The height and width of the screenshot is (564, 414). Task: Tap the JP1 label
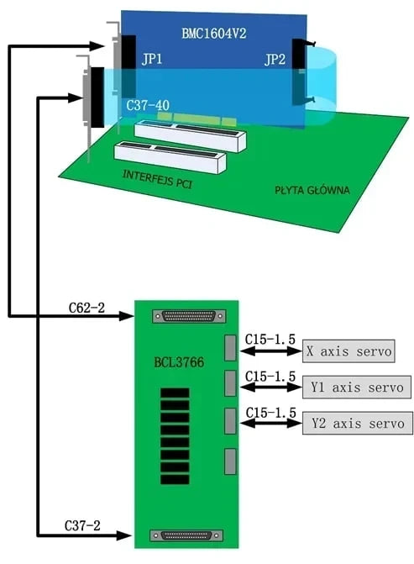[x=153, y=60]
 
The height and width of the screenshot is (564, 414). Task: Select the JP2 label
[x=275, y=60]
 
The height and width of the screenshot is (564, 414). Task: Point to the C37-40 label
[x=148, y=107]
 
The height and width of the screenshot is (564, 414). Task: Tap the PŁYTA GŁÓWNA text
[x=312, y=190]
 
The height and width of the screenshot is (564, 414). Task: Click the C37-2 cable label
[x=82, y=526]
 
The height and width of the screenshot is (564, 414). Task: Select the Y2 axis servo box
[x=357, y=423]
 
